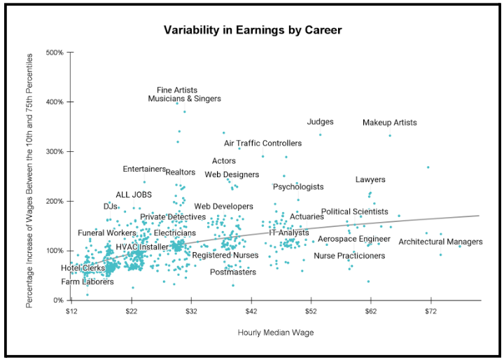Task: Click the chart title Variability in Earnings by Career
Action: pos(253,30)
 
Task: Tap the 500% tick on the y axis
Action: pos(55,53)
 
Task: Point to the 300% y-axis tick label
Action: pos(55,152)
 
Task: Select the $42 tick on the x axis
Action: pos(251,310)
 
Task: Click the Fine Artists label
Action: pos(177,90)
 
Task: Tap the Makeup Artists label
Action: pos(389,123)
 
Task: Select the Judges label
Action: pos(320,122)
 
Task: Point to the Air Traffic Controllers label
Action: pos(262,143)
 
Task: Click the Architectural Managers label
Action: pos(440,242)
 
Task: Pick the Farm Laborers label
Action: pos(87,282)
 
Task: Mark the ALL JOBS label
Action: pos(134,195)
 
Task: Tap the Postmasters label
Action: pos(233,272)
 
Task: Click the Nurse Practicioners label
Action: pos(349,256)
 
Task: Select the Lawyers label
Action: pos(370,180)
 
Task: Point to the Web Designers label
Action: pos(232,174)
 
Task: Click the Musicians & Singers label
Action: pos(184,99)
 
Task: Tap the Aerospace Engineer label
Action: pos(353,239)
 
